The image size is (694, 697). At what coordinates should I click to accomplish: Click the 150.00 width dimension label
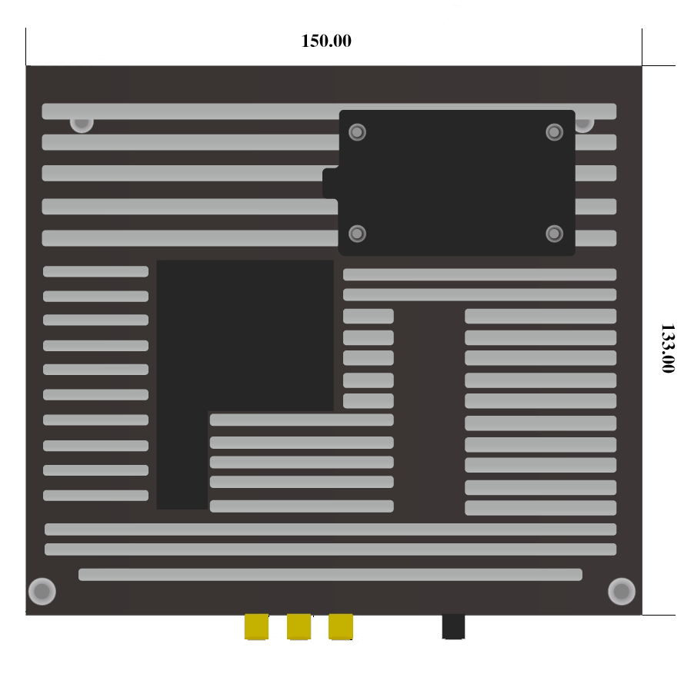(x=326, y=41)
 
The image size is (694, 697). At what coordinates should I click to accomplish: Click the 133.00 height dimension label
(x=667, y=348)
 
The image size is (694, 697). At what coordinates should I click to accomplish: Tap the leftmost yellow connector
(x=256, y=626)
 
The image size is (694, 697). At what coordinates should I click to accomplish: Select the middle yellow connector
(x=299, y=626)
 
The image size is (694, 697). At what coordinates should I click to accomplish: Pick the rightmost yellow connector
(x=340, y=626)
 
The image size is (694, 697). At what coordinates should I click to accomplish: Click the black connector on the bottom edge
(x=453, y=626)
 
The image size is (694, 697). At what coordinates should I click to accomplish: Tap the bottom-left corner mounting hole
(x=42, y=592)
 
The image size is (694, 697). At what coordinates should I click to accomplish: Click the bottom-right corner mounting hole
(x=622, y=592)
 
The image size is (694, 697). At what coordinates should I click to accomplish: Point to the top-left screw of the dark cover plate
(x=357, y=132)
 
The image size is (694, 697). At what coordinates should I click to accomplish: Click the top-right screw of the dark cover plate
(x=555, y=132)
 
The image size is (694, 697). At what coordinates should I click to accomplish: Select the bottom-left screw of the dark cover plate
(x=357, y=233)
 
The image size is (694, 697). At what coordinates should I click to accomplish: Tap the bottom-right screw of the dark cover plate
(x=555, y=233)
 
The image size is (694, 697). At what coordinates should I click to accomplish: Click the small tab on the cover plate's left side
(x=330, y=184)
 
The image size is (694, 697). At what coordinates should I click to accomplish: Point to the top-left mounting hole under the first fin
(x=82, y=123)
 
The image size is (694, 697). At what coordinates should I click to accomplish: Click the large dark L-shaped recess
(x=182, y=384)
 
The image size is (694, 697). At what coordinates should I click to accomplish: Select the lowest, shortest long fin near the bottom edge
(x=330, y=575)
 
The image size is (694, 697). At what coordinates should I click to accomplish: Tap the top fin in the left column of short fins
(x=95, y=271)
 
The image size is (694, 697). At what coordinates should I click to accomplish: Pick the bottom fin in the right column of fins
(x=540, y=508)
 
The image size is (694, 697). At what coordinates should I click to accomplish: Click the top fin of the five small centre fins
(x=368, y=316)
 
